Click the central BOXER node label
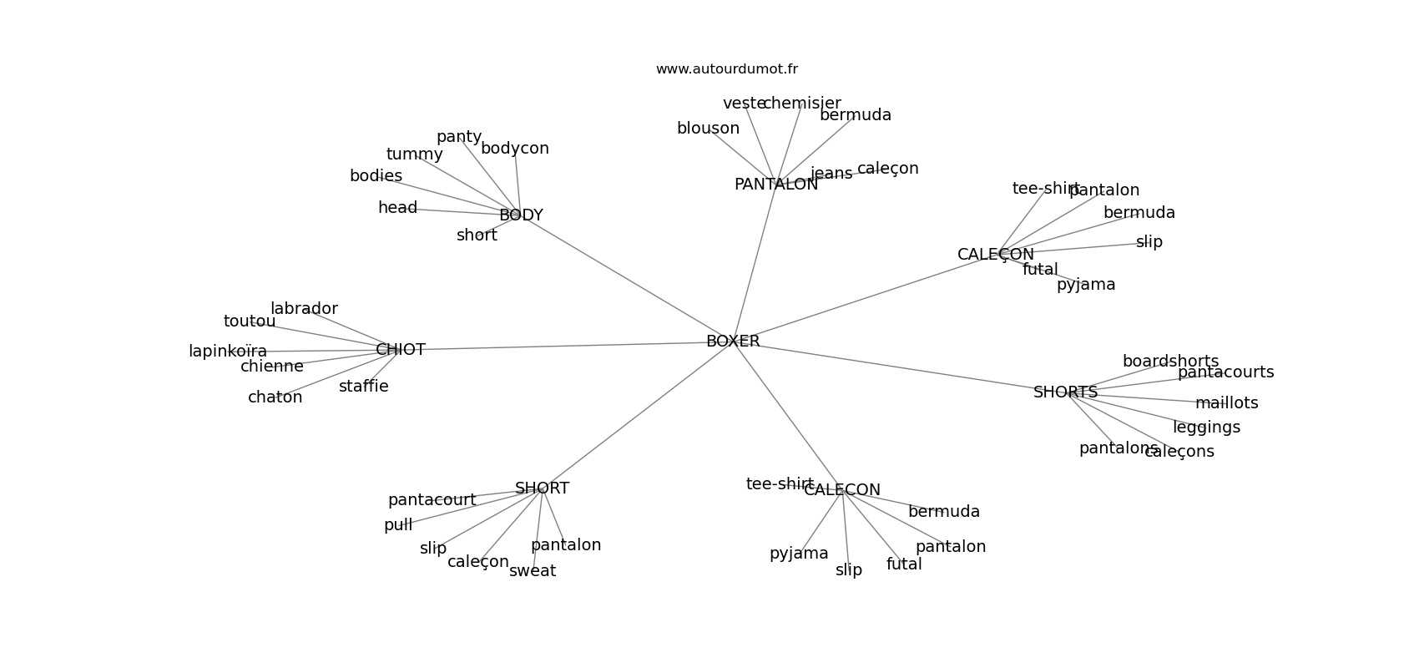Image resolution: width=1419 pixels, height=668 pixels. (733, 342)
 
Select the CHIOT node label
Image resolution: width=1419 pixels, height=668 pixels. (401, 350)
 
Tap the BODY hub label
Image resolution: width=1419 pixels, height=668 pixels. (521, 215)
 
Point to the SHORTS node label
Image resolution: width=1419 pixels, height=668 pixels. (1065, 392)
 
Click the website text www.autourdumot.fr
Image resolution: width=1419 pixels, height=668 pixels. (726, 69)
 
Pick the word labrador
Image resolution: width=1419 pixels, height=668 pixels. (304, 309)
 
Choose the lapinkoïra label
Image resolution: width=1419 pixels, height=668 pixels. (228, 352)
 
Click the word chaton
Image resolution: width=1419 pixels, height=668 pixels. (275, 397)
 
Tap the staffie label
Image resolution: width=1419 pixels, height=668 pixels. (363, 387)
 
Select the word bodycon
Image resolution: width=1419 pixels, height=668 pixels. (515, 149)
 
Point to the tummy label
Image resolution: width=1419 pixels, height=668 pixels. (414, 154)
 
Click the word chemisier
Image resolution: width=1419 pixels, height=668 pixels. (802, 104)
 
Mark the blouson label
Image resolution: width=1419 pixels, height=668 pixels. (708, 129)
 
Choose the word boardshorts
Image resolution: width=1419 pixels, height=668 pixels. (1170, 362)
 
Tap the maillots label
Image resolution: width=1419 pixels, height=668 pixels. (1226, 403)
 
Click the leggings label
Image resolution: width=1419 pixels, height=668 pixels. (1206, 428)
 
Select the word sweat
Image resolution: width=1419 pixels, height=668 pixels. (533, 571)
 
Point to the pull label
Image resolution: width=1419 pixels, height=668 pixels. (398, 525)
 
